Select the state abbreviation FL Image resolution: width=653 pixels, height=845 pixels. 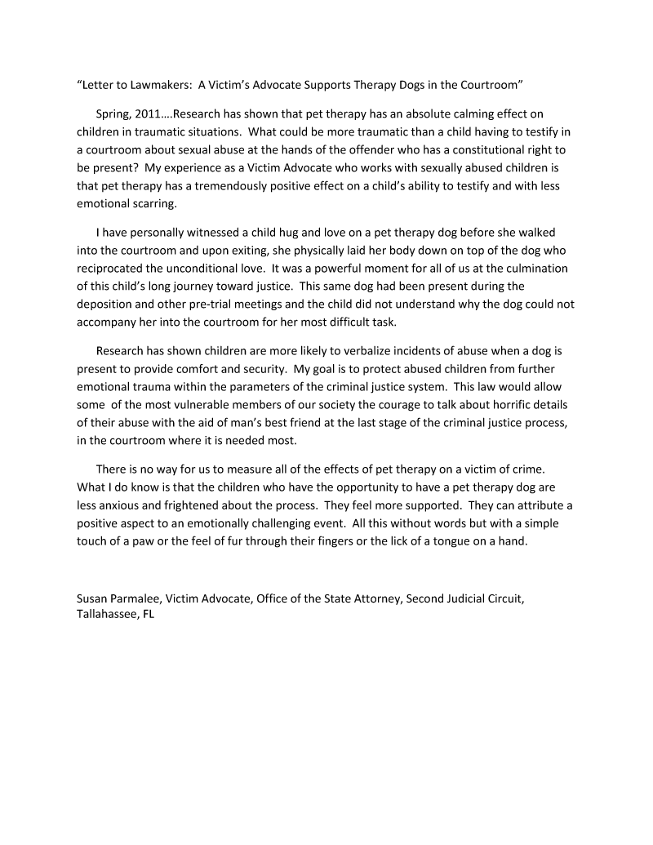click(147, 614)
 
